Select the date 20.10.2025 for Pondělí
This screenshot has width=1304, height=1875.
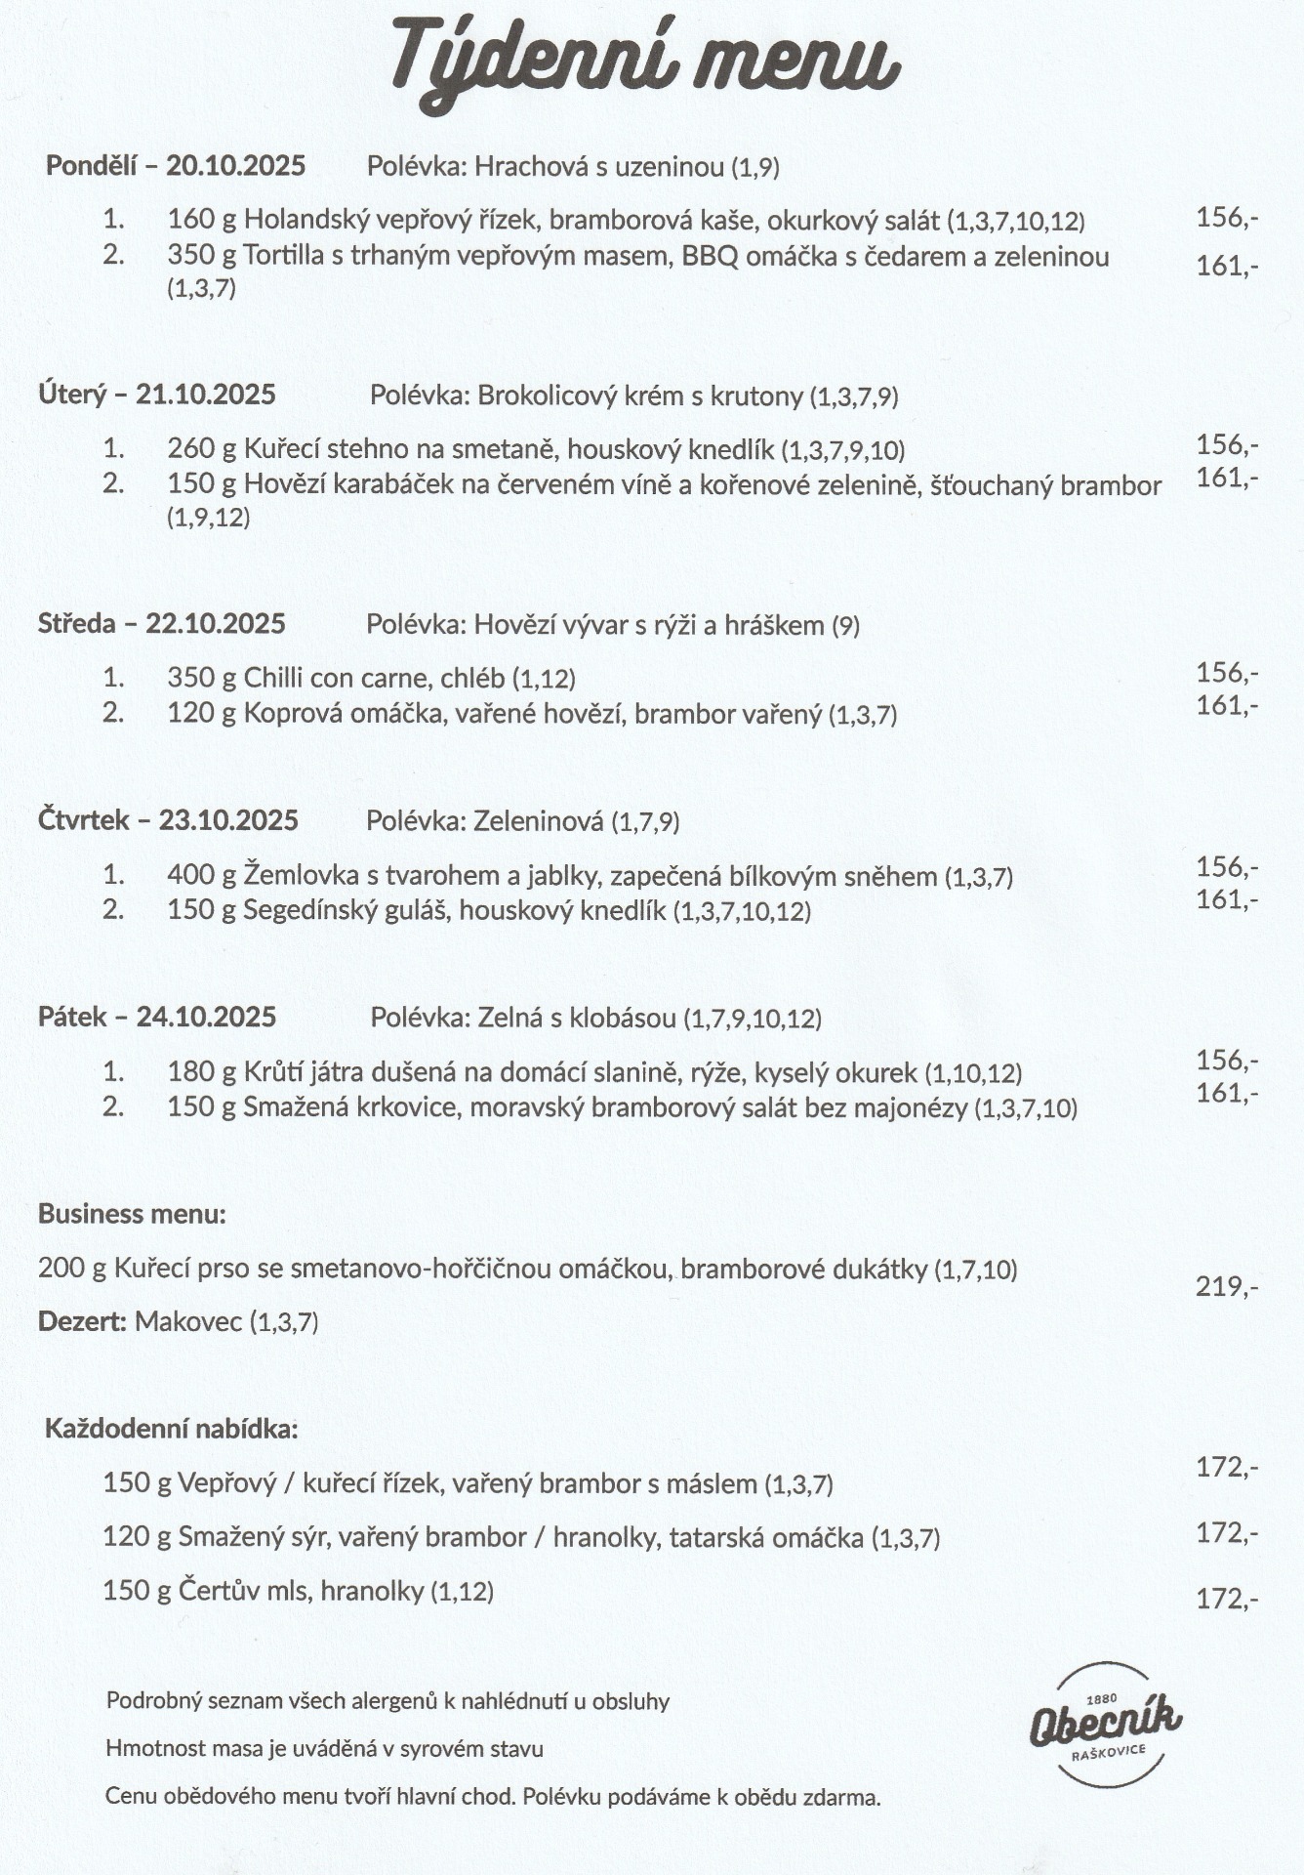coord(235,165)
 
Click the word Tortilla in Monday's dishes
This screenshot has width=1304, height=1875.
coord(285,257)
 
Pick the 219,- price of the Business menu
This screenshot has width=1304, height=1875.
coord(1227,1286)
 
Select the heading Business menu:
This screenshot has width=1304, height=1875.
coord(132,1214)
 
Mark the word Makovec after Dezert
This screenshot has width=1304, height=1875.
coord(188,1321)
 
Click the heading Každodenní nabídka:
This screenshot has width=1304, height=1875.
coord(171,1429)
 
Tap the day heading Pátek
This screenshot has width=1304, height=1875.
coord(71,1017)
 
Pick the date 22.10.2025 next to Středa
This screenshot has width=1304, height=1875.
coord(216,623)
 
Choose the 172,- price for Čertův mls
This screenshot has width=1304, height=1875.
coord(1227,1599)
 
